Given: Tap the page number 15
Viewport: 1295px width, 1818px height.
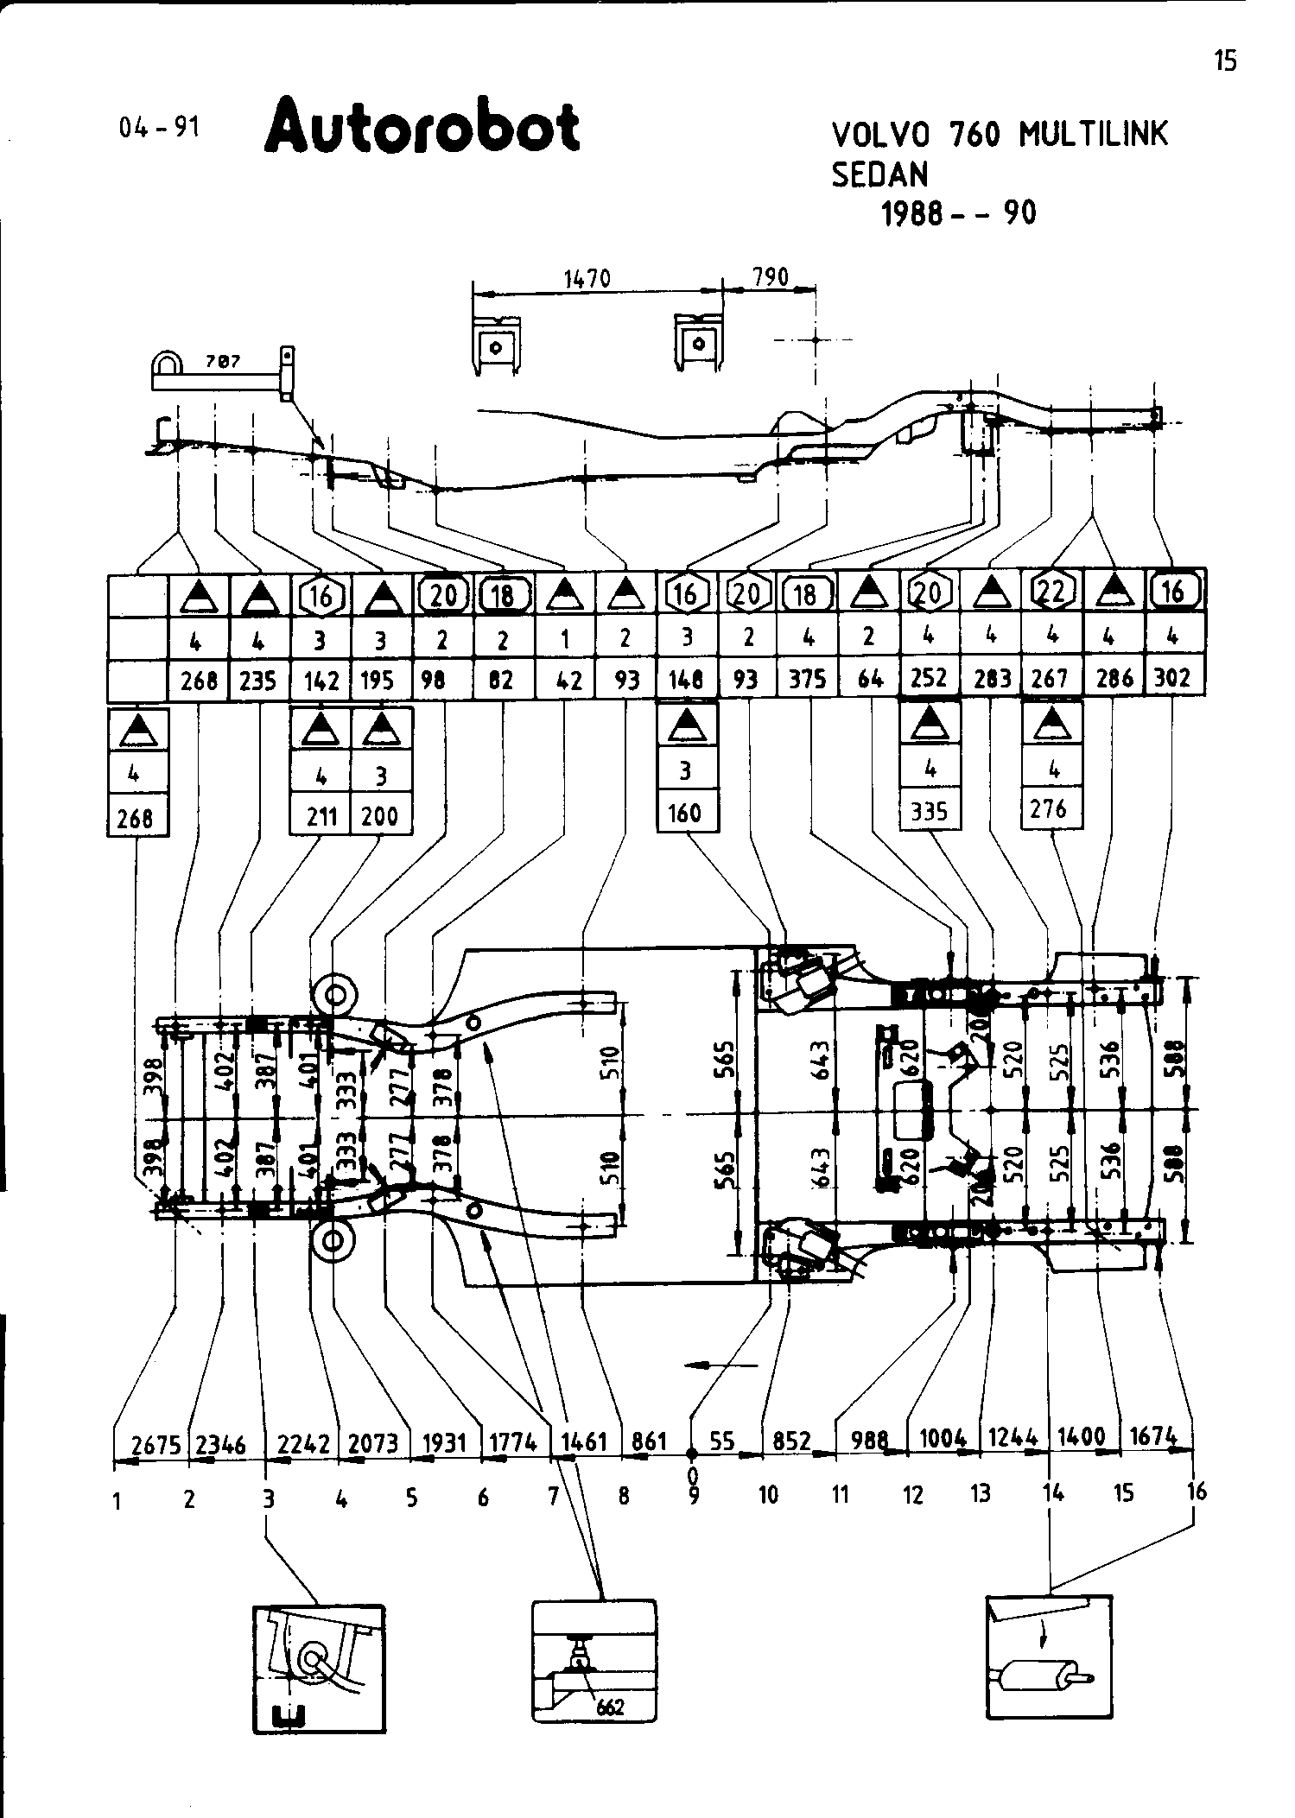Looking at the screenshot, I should pos(1225,60).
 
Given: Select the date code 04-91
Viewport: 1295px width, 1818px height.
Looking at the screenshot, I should pos(160,128).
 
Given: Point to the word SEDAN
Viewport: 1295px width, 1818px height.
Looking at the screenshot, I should pos(879,174).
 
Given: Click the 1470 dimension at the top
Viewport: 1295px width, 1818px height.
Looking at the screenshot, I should pos(587,278).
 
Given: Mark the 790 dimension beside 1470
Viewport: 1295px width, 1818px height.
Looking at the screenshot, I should pos(771,276).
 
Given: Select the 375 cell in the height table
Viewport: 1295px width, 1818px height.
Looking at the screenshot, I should pos(807,680).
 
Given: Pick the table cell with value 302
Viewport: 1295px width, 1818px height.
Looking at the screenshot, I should pos(1172,678).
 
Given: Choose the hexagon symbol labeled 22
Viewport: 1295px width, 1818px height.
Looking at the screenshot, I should pos(1052,592).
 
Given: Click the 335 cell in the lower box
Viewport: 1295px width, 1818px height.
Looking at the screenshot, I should pos(929,811).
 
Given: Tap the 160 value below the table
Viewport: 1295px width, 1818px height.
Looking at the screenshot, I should pos(687,813).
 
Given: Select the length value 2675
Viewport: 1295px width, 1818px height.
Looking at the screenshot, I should pos(150,1444).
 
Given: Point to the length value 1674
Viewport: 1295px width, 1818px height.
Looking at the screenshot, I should pos(1154,1436).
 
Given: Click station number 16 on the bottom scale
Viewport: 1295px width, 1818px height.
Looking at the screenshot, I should pos(1197,1490).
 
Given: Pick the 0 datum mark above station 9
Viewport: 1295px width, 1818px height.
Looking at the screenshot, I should pos(692,1472).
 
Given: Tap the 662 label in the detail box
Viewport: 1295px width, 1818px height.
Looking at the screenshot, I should pos(610,1707).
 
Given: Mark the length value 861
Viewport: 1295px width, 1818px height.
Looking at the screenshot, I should pos(650,1441).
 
